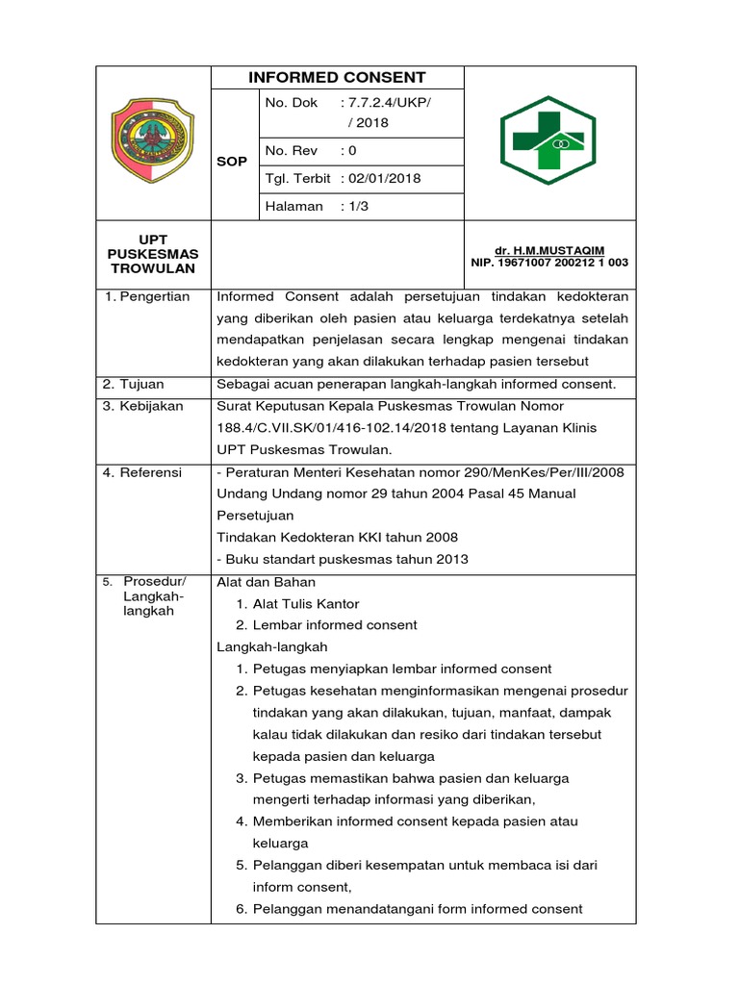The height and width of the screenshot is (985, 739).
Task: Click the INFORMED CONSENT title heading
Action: pyautogui.click(x=337, y=78)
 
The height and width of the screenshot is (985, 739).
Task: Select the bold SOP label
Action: pyautogui.click(x=232, y=161)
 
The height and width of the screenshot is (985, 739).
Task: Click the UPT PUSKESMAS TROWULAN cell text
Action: pyautogui.click(x=152, y=253)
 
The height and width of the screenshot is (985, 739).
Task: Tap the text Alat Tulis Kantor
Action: pyautogui.click(x=306, y=604)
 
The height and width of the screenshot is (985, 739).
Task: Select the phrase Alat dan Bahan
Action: pyautogui.click(x=266, y=582)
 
